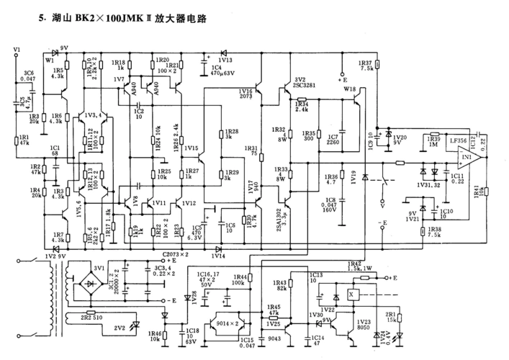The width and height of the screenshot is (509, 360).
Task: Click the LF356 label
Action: click(x=459, y=142)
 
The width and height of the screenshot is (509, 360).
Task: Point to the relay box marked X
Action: click(x=351, y=296)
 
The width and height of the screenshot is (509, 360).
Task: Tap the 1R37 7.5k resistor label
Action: click(x=365, y=65)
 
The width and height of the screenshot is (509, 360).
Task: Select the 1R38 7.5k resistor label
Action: click(x=454, y=232)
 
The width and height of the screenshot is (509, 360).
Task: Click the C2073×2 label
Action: click(x=176, y=255)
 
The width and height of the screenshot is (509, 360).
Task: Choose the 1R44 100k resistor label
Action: click(x=240, y=279)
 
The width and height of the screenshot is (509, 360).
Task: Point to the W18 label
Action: click(x=349, y=89)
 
